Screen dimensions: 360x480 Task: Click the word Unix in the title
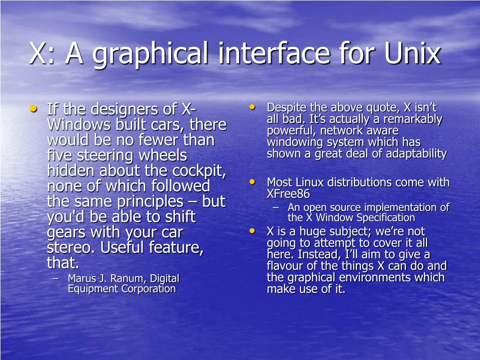pos(412,53)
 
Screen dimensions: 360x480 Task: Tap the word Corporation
pos(149,289)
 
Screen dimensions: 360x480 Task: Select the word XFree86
pos(288,194)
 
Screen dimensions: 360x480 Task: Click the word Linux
pos(308,182)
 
